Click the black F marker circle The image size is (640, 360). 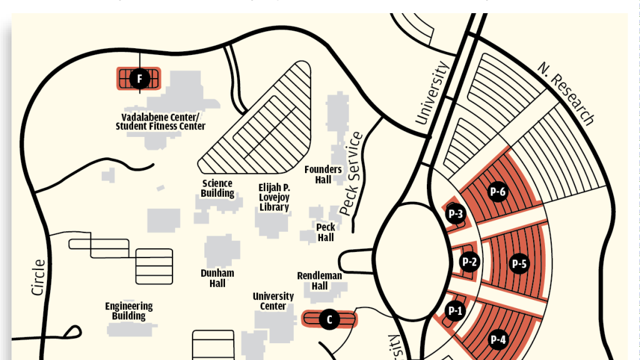pyautogui.click(x=139, y=79)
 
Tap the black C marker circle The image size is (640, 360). pyautogui.click(x=329, y=319)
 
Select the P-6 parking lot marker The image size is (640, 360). pyautogui.click(x=498, y=192)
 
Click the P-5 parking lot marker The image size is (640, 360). pyautogui.click(x=519, y=264)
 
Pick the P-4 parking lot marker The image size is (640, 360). pyautogui.click(x=498, y=339)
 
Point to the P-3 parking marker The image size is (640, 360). pyautogui.click(x=456, y=214)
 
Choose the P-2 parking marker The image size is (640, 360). pyautogui.click(x=469, y=262)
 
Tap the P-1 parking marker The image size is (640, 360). pyautogui.click(x=455, y=310)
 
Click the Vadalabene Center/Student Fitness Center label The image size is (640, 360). pyautogui.click(x=161, y=121)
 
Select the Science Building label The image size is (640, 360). pyautogui.click(x=217, y=188)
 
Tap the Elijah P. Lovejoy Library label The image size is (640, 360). pyautogui.click(x=274, y=197)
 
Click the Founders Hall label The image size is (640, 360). pyautogui.click(x=323, y=174)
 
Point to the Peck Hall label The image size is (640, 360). pyautogui.click(x=326, y=232)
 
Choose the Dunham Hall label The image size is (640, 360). pyautogui.click(x=217, y=278)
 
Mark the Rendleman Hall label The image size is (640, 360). pyautogui.click(x=319, y=281)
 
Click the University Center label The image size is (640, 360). pyautogui.click(x=273, y=301)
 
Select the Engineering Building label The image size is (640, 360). pyautogui.click(x=129, y=311)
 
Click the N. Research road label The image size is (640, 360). pyautogui.click(x=566, y=93)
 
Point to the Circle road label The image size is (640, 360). pyautogui.click(x=38, y=277)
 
